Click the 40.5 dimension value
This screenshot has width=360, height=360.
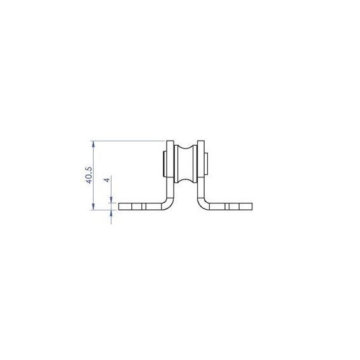tap(89, 175)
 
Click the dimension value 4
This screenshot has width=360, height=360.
tap(107, 179)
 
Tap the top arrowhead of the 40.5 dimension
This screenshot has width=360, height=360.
tap(93, 144)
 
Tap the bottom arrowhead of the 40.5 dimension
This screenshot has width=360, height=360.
tap(93, 207)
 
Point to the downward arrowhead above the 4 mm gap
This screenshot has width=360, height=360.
tap(112, 200)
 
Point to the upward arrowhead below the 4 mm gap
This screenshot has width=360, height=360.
tap(112, 213)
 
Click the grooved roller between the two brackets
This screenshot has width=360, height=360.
tap(186, 164)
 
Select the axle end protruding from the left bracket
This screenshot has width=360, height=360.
tap(165, 164)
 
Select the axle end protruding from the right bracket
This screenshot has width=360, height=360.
tap(207, 164)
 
